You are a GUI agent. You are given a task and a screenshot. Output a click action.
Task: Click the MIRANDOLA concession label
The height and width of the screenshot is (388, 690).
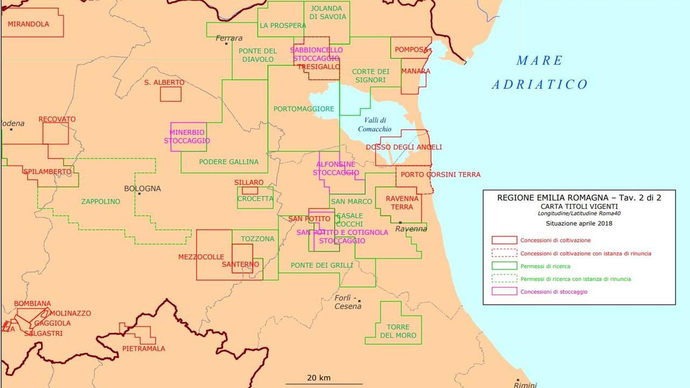28,24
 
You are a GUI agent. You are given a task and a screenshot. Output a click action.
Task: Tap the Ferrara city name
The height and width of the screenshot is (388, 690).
229,38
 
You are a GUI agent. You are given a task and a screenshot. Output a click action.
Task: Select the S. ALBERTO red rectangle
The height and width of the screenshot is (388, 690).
170,94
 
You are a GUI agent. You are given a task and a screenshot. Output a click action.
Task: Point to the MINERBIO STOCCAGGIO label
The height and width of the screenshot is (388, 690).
187,136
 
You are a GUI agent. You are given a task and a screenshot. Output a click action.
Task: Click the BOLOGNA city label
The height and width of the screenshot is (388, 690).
142,189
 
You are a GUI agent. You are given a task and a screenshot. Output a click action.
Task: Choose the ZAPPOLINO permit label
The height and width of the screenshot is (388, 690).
101,202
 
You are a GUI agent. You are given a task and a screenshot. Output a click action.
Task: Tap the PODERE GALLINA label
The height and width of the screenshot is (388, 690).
229,162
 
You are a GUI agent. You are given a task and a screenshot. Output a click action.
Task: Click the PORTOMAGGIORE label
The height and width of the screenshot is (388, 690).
303,109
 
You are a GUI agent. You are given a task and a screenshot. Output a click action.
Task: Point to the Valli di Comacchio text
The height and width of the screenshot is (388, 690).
374,124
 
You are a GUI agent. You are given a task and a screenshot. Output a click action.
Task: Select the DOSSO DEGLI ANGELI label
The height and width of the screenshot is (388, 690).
404,147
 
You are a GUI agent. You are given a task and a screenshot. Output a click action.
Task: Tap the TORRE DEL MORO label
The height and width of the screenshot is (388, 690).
398,331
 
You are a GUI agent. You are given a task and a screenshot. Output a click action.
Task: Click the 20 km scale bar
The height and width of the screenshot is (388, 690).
318,383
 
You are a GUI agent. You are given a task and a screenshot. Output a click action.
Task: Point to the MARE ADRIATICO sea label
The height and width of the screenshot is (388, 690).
539,72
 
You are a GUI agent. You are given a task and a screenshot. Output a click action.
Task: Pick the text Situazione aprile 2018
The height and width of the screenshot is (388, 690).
578,223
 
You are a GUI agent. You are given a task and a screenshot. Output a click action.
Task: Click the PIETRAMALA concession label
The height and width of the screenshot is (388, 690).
143,349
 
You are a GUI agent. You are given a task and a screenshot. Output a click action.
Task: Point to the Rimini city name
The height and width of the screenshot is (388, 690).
525,384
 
